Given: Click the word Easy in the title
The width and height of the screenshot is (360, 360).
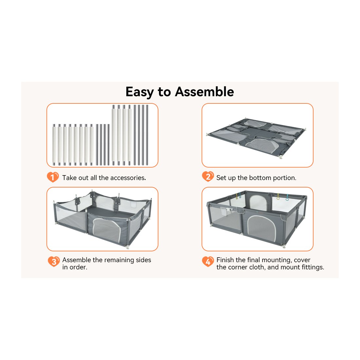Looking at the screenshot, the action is coord(140,92).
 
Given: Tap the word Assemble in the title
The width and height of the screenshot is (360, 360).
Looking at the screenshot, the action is coord(204,92).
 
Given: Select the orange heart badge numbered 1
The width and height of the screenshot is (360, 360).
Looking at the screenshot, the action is coord(53,177).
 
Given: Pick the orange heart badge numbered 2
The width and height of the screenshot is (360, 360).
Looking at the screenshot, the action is coord(208,176).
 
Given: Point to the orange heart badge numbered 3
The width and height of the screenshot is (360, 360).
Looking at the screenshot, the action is coord(54,261).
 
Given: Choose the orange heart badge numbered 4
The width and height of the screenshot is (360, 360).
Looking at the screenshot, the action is coord(208,261).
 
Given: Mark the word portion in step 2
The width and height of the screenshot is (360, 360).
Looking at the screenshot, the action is coord(284,178).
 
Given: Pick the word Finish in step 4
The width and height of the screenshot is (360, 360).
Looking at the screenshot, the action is coord(225,260).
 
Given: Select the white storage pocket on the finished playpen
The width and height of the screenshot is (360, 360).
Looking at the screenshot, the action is coord(224,211).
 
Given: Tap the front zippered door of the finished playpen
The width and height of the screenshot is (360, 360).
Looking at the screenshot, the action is coord(261,228).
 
